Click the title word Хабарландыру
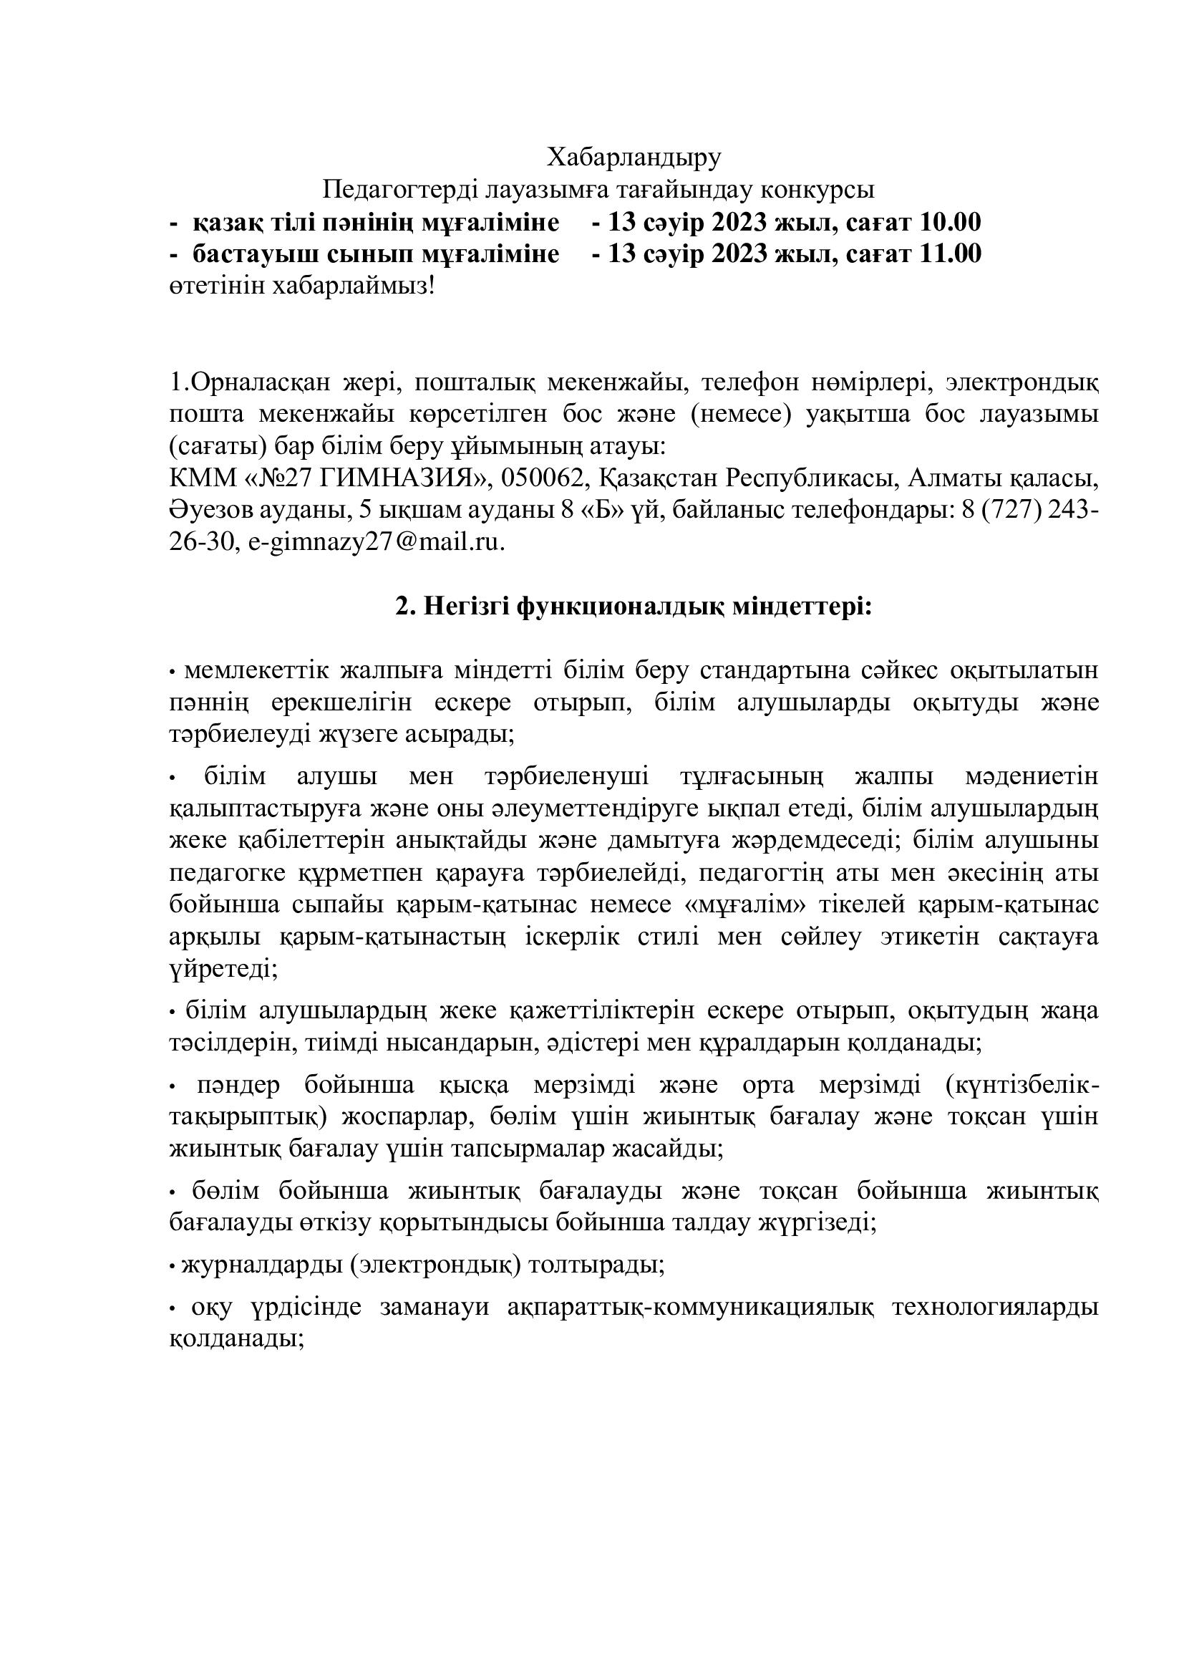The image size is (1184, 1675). (634, 157)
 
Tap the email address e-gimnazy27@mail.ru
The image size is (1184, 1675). (376, 543)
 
